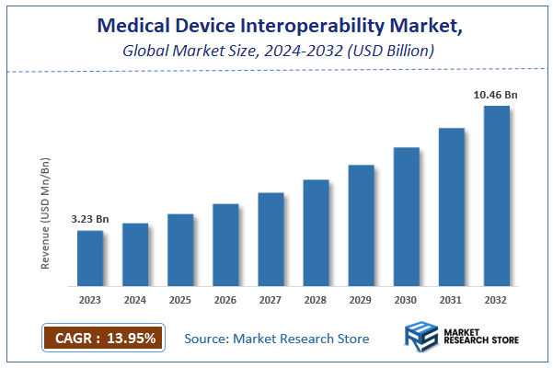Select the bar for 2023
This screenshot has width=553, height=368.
89,258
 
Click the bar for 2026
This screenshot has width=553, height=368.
225,244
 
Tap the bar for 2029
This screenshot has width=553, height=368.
361,224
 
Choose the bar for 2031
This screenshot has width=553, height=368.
452,206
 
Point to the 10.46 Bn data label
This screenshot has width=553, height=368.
496,95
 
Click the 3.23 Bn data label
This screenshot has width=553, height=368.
90,219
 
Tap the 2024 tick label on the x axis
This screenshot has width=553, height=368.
135,299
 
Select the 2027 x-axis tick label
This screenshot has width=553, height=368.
271,299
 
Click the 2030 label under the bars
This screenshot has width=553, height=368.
407,299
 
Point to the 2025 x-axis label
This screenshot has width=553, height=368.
180,299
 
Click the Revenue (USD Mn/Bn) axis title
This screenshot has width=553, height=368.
45,213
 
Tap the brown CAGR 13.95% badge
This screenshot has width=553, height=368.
102,338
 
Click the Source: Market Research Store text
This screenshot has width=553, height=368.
276,339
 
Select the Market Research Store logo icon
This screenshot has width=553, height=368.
423,338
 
